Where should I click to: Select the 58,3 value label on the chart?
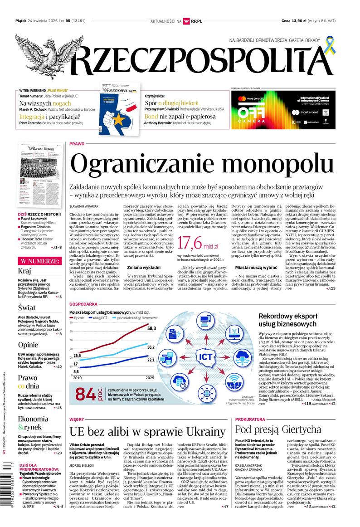(151, 328)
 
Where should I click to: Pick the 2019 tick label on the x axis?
(78, 378)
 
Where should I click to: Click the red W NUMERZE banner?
(39, 261)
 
